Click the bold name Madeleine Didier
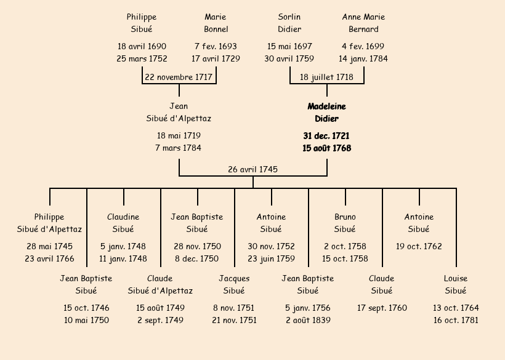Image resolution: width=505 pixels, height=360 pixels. point(326,113)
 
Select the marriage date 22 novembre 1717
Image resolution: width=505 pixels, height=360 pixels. point(179,77)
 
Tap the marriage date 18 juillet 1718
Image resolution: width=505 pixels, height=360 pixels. point(326,77)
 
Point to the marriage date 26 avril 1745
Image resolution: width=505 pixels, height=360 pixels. point(252,169)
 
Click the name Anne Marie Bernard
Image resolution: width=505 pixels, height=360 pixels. point(363,23)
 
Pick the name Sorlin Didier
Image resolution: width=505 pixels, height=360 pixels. point(289,23)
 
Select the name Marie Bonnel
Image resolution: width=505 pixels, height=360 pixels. point(216,23)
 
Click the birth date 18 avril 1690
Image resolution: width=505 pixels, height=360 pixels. point(142,46)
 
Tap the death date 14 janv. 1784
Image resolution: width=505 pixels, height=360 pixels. point(363,59)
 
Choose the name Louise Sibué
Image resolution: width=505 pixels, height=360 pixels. point(456,284)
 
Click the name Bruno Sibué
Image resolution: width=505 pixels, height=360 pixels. point(345,223)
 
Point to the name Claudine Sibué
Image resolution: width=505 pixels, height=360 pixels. point(123,223)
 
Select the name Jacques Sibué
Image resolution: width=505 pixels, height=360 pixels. point(234,284)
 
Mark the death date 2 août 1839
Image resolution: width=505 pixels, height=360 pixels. point(308,320)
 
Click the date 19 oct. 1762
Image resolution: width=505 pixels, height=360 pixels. point(419,246)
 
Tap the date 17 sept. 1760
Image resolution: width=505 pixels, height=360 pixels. point(382,308)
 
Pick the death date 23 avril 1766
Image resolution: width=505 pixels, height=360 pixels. point(49,258)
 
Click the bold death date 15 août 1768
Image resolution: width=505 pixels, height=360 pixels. point(326,148)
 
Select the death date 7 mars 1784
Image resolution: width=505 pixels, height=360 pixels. point(179,148)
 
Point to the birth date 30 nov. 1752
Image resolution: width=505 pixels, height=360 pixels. point(271,246)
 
